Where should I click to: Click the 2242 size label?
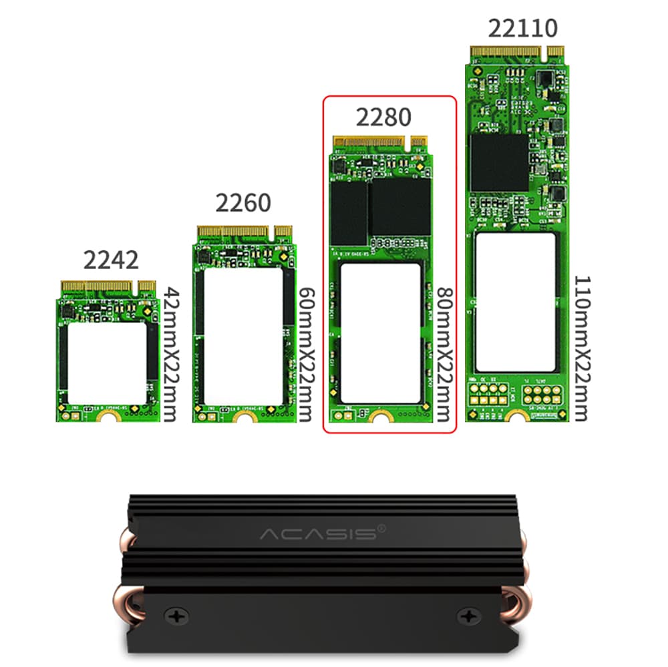click(x=111, y=260)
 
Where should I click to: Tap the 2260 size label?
click(x=243, y=203)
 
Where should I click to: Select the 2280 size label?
click(x=383, y=117)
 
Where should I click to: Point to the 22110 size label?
click(x=522, y=29)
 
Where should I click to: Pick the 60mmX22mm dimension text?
click(x=305, y=354)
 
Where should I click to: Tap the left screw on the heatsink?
click(x=176, y=614)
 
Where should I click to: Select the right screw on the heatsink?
click(x=471, y=614)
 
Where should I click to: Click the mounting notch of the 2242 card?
click(x=108, y=417)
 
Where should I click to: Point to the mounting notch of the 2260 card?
click(x=244, y=417)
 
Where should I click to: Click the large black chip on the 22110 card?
click(x=498, y=163)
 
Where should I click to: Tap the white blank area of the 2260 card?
click(x=243, y=337)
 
